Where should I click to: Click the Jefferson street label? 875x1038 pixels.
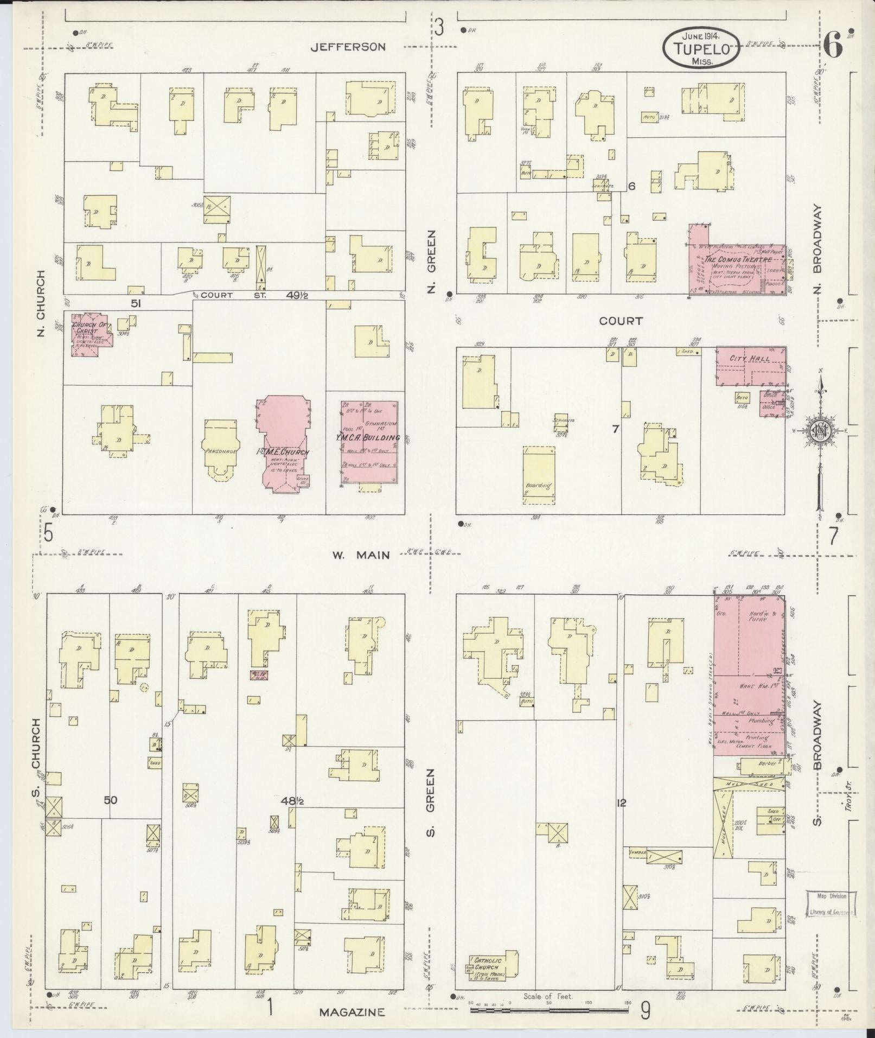click(x=348, y=47)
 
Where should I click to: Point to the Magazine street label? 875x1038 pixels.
click(x=352, y=1012)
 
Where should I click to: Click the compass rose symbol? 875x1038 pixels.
click(x=820, y=431)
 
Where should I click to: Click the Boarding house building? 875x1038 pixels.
click(x=539, y=472)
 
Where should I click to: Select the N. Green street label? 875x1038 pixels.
click(x=432, y=262)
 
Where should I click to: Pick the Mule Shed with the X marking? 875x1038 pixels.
click(x=749, y=784)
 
